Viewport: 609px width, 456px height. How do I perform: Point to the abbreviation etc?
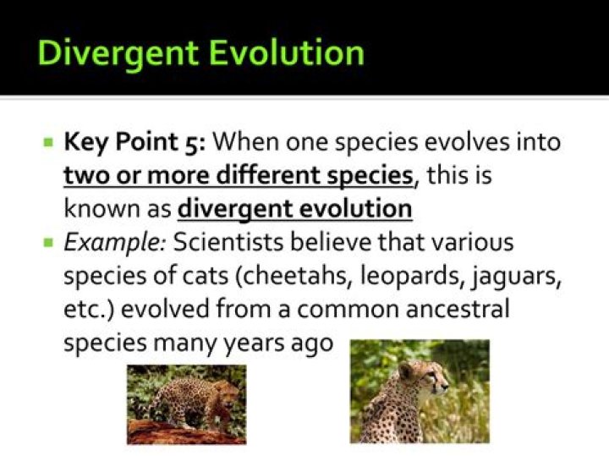(x=83, y=310)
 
